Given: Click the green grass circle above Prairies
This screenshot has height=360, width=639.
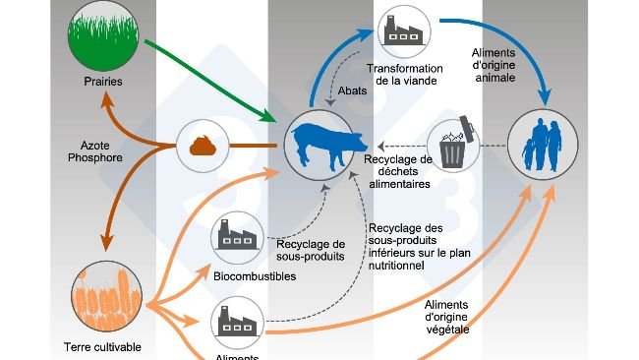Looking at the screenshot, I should (103, 35).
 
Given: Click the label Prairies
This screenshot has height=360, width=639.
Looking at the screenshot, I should (103, 82).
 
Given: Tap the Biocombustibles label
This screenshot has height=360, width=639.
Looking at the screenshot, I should (255, 276).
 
